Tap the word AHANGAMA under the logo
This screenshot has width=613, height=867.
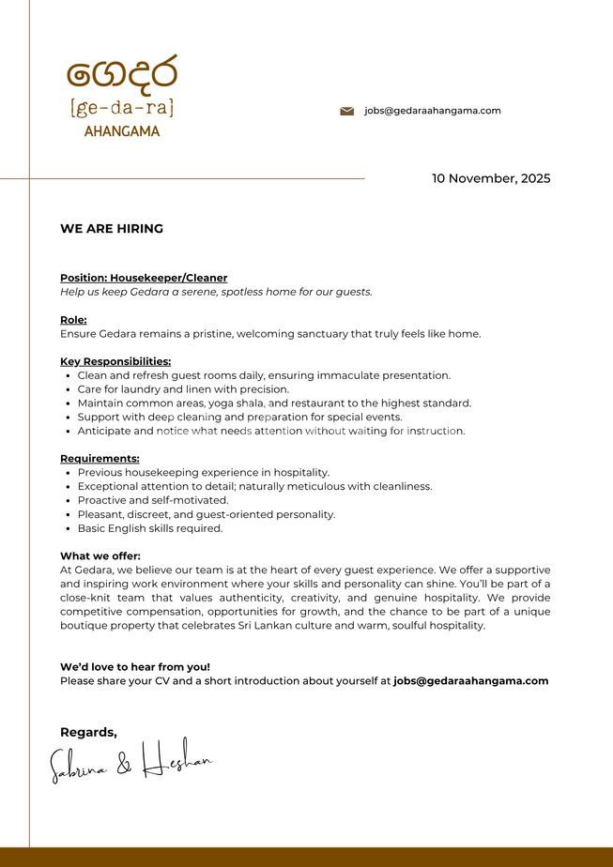122,131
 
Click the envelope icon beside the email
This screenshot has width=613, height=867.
346,111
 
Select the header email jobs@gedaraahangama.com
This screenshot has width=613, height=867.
432,111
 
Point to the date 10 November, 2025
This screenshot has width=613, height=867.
491,178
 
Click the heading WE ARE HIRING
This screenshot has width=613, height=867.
112,229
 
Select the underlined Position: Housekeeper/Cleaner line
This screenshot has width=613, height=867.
144,278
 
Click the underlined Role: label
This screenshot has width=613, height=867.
73,320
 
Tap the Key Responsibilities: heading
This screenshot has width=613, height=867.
115,361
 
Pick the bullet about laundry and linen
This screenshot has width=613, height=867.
183,389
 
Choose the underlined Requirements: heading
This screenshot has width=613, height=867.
100,459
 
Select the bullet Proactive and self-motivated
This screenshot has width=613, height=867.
153,500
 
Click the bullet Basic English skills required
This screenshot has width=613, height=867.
150,528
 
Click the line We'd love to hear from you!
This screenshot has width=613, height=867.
135,667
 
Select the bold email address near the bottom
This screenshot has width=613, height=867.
470,681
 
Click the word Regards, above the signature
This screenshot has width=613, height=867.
88,732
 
